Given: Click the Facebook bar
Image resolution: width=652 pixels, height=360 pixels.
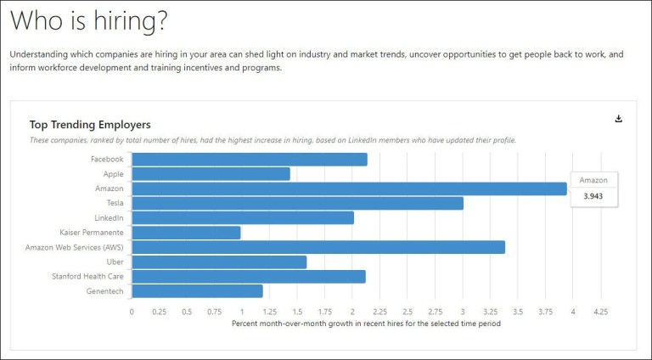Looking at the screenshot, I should (250, 160).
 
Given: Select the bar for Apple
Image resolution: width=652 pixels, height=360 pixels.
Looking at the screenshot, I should (211, 174).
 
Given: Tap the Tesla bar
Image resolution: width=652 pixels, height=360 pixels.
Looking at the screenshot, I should (298, 203).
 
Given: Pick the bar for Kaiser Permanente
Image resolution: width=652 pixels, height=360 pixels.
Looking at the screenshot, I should (187, 233).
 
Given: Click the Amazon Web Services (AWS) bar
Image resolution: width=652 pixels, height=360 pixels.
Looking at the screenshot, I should (318, 247).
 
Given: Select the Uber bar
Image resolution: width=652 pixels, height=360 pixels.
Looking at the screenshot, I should (219, 262).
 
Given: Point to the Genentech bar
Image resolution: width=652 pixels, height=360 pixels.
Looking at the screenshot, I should (198, 291).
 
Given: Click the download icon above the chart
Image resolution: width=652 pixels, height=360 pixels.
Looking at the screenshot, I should (619, 119).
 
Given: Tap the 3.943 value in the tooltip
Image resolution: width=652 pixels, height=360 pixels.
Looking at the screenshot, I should (593, 196).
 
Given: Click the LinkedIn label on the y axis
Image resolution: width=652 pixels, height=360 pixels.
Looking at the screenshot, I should (108, 218).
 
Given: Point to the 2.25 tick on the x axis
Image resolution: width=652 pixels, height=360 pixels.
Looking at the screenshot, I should (379, 312).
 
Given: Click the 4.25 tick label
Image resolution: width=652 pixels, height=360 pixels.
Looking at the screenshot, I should (600, 312).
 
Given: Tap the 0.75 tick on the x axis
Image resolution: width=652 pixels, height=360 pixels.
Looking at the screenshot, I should (214, 312).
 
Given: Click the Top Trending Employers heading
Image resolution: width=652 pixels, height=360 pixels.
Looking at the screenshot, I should (90, 125).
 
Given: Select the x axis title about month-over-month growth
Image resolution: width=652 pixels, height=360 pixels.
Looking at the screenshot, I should (366, 323).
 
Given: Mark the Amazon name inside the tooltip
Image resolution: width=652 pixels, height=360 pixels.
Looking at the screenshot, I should (593, 181).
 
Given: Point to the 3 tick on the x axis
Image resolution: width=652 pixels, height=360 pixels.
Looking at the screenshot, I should (463, 312).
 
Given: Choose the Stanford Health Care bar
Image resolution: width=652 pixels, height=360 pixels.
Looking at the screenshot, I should (249, 277).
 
